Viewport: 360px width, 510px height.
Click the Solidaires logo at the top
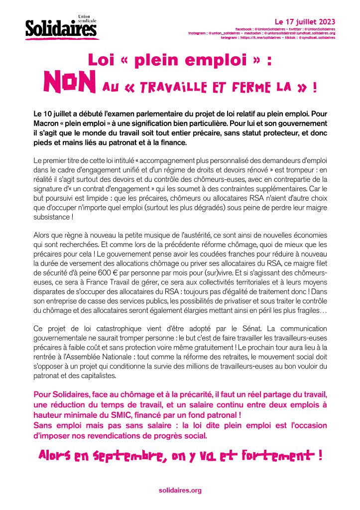click(x=61, y=29)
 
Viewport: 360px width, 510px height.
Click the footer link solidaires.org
click(x=180, y=491)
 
